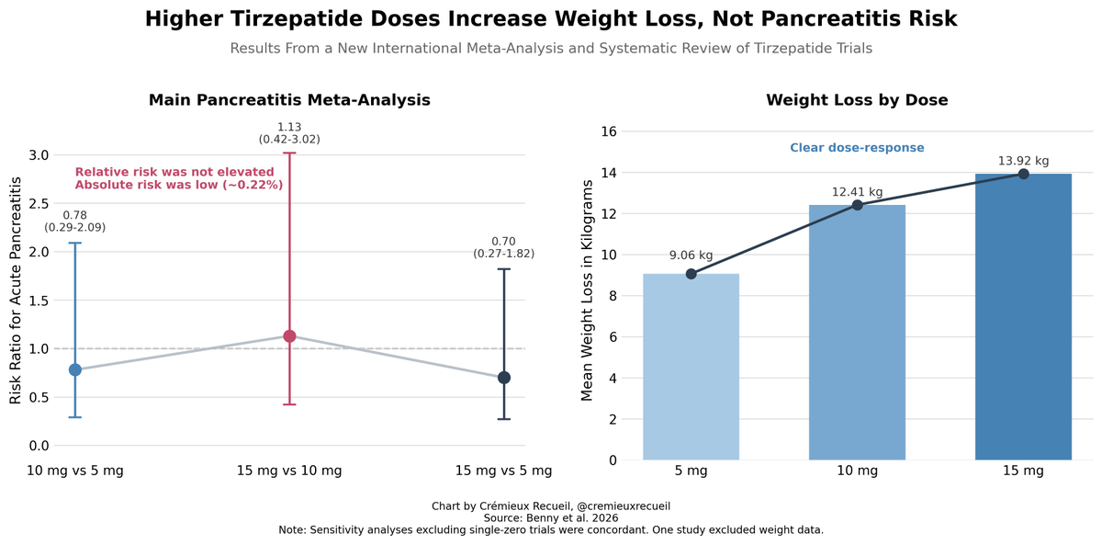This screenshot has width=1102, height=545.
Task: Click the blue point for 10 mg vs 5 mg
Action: [75, 369]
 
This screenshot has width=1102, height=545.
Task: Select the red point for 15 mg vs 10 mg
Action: [289, 336]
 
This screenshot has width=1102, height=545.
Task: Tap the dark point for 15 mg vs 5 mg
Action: [504, 378]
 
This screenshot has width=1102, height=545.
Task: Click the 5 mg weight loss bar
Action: [691, 368]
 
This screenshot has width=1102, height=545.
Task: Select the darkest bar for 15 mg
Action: [1023, 317]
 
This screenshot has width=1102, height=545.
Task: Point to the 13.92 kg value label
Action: [1023, 161]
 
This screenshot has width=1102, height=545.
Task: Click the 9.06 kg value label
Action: [691, 255]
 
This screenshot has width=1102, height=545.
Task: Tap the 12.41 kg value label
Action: [857, 192]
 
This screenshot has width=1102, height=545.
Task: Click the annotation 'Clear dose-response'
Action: [857, 148]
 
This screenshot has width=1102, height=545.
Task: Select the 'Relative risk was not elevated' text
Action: [174, 172]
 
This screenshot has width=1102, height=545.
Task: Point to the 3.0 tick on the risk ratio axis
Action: [39, 155]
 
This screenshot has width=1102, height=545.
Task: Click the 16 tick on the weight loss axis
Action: [608, 131]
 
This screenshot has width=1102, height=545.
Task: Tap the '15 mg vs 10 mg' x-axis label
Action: [289, 471]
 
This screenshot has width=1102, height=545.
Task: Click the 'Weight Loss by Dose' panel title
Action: [857, 100]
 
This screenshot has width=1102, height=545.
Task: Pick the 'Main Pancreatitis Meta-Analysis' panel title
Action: [289, 100]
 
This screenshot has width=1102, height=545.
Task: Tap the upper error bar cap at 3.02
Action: [289, 153]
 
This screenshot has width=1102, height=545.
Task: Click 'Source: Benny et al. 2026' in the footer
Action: [551, 518]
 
